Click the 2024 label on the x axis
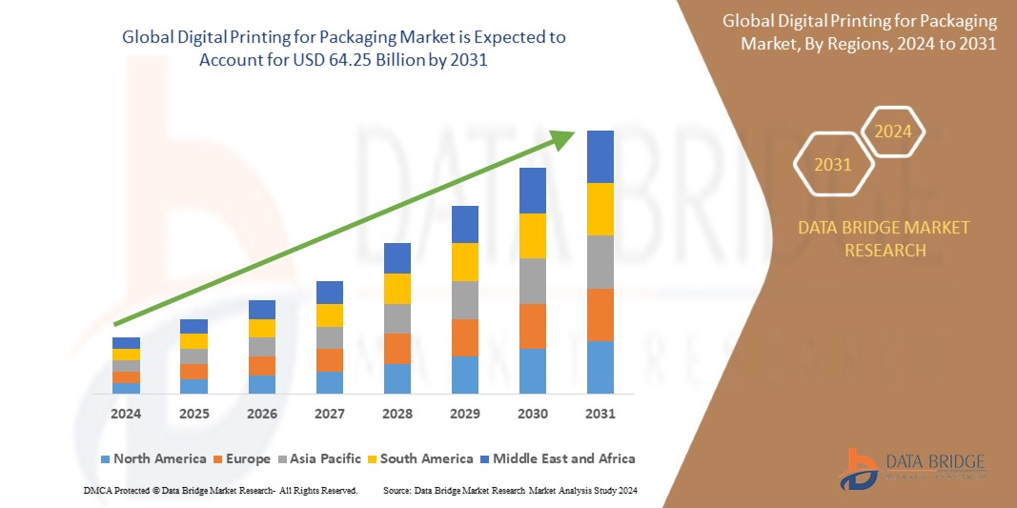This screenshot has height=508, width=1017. tap(126, 414)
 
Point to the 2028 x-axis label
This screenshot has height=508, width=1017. tap(397, 414)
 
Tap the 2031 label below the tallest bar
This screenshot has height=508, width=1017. tap(600, 414)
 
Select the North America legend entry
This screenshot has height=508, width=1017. tap(153, 458)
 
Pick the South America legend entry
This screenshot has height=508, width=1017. tap(418, 458)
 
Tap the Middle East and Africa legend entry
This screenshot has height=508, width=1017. tap(556, 458)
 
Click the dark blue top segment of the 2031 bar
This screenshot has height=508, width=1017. tap(600, 156)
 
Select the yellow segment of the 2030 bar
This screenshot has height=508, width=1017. tap(533, 235)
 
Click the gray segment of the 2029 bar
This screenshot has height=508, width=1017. tap(465, 299)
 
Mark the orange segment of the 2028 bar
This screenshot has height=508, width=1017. tap(397, 348)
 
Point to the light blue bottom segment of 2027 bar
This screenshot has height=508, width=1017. tap(330, 382)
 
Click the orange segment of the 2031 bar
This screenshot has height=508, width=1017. tap(600, 315)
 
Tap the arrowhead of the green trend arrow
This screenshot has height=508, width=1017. tap(563, 142)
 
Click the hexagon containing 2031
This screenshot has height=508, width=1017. tap(832, 165)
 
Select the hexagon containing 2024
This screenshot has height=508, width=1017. tap(893, 132)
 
